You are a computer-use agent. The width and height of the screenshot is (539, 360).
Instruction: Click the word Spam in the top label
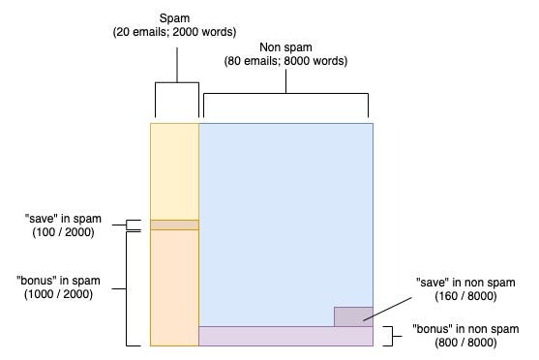point(174,17)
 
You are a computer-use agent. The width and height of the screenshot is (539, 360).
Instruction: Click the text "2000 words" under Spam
point(204,32)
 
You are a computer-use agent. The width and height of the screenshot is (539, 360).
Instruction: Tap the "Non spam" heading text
point(285,47)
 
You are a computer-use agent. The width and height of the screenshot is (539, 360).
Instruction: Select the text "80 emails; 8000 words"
point(285,61)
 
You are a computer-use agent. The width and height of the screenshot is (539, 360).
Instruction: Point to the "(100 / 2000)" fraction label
point(63,232)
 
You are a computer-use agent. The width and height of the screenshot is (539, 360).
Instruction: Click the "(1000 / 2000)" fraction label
point(58,294)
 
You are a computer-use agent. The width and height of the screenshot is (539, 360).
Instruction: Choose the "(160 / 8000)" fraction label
point(465,296)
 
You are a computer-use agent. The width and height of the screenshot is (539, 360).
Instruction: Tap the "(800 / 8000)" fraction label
point(465,343)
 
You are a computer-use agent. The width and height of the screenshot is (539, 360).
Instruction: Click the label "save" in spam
point(63,219)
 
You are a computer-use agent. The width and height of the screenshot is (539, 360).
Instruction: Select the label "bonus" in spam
point(58,281)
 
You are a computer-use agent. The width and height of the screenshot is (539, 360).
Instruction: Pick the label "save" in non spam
point(465,283)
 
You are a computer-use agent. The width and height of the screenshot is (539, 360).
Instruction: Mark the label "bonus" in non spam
point(465,329)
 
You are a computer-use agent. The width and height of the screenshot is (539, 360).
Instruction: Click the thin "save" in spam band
point(174,225)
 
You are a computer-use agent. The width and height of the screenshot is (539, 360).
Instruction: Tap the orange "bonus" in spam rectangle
point(174,287)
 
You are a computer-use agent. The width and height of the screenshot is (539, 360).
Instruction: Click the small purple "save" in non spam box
point(353,316)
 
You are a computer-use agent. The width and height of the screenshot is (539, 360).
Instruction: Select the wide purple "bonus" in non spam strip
point(286,336)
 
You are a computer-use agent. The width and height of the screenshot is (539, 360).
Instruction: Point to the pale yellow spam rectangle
point(174,171)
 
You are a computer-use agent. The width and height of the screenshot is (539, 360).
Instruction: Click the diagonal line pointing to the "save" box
point(387,310)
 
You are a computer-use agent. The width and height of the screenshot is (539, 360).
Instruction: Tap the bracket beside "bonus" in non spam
point(392,336)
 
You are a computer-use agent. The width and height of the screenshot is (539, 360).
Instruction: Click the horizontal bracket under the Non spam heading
point(286,93)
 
